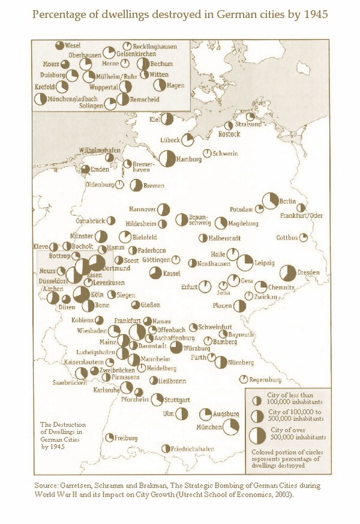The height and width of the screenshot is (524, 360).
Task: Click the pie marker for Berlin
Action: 271,200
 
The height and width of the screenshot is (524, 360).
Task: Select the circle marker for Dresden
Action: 289,273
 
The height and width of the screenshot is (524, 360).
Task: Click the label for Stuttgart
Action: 178,400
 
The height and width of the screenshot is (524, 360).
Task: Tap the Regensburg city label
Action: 265,380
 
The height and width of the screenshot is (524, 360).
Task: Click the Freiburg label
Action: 127,438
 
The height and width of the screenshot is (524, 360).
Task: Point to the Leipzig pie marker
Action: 245,262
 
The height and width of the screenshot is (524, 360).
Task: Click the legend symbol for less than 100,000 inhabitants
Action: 256,400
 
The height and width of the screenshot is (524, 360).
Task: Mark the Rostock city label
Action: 229,134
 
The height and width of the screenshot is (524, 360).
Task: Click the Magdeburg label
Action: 243,224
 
